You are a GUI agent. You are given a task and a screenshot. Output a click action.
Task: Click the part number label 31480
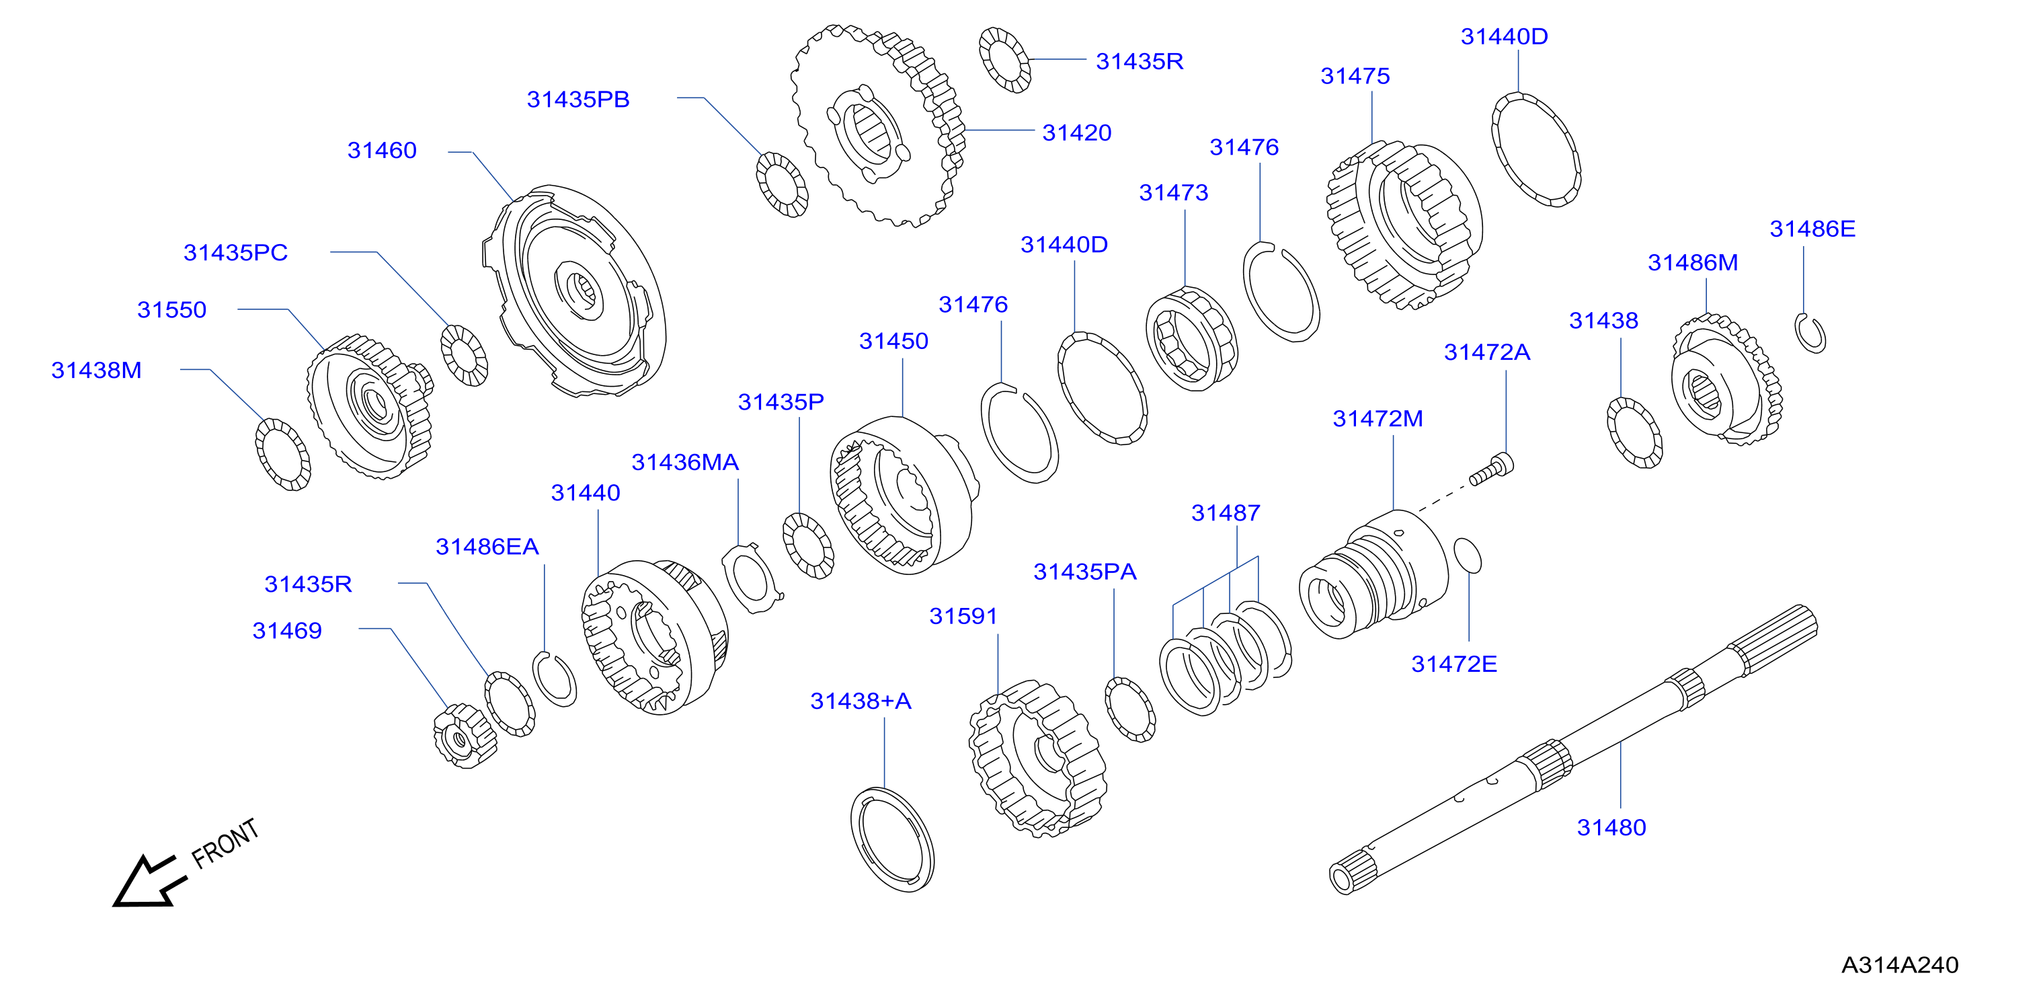(1611, 827)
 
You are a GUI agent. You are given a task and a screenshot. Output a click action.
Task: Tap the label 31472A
(1486, 352)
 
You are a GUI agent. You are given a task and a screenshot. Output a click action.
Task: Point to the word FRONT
(225, 843)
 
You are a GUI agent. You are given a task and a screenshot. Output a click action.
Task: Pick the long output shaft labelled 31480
(1574, 750)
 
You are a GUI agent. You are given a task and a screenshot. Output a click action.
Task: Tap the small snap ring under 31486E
(1810, 333)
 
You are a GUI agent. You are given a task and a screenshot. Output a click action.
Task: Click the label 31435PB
(578, 100)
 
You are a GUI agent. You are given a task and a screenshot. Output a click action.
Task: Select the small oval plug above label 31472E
(1467, 555)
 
